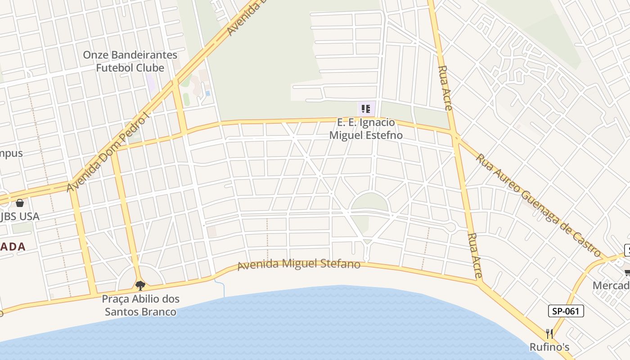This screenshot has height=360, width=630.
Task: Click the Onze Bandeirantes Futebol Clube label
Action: pos(130,62)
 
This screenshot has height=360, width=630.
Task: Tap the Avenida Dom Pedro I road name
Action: pos(108,153)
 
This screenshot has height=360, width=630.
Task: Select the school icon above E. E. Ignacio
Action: pos(366,108)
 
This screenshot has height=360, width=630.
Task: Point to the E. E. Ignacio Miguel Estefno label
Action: pos(366,129)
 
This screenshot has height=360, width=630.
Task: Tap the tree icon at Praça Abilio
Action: pos(140,285)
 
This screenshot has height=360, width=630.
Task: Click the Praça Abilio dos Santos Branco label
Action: pos(140,305)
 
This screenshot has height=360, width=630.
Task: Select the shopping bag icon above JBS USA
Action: pos(19,203)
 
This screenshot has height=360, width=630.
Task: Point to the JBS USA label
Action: pos(21,216)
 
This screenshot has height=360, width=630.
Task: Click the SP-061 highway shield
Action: pos(566,311)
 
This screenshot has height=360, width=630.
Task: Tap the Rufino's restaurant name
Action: pos(549,347)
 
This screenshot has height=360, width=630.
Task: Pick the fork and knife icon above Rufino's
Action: pos(549,333)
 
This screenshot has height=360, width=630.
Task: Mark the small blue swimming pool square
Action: pos(207,94)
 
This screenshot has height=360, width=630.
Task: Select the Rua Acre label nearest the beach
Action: pos(475,255)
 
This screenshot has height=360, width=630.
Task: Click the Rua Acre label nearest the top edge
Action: pos(445,88)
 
